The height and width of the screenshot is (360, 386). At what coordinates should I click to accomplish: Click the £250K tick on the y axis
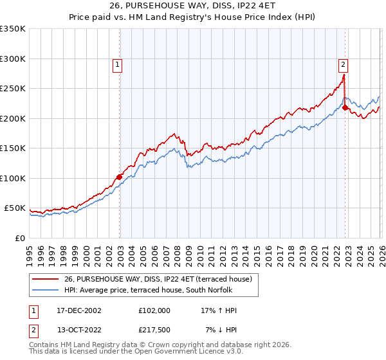(x=13, y=89)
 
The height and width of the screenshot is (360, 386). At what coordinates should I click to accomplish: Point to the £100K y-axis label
(x=13, y=178)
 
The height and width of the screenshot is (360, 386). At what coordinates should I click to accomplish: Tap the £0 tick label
(x=19, y=238)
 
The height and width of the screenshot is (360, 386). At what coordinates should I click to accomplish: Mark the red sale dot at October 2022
(x=345, y=108)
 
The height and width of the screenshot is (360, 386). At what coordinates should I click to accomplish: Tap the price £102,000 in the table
(x=154, y=310)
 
